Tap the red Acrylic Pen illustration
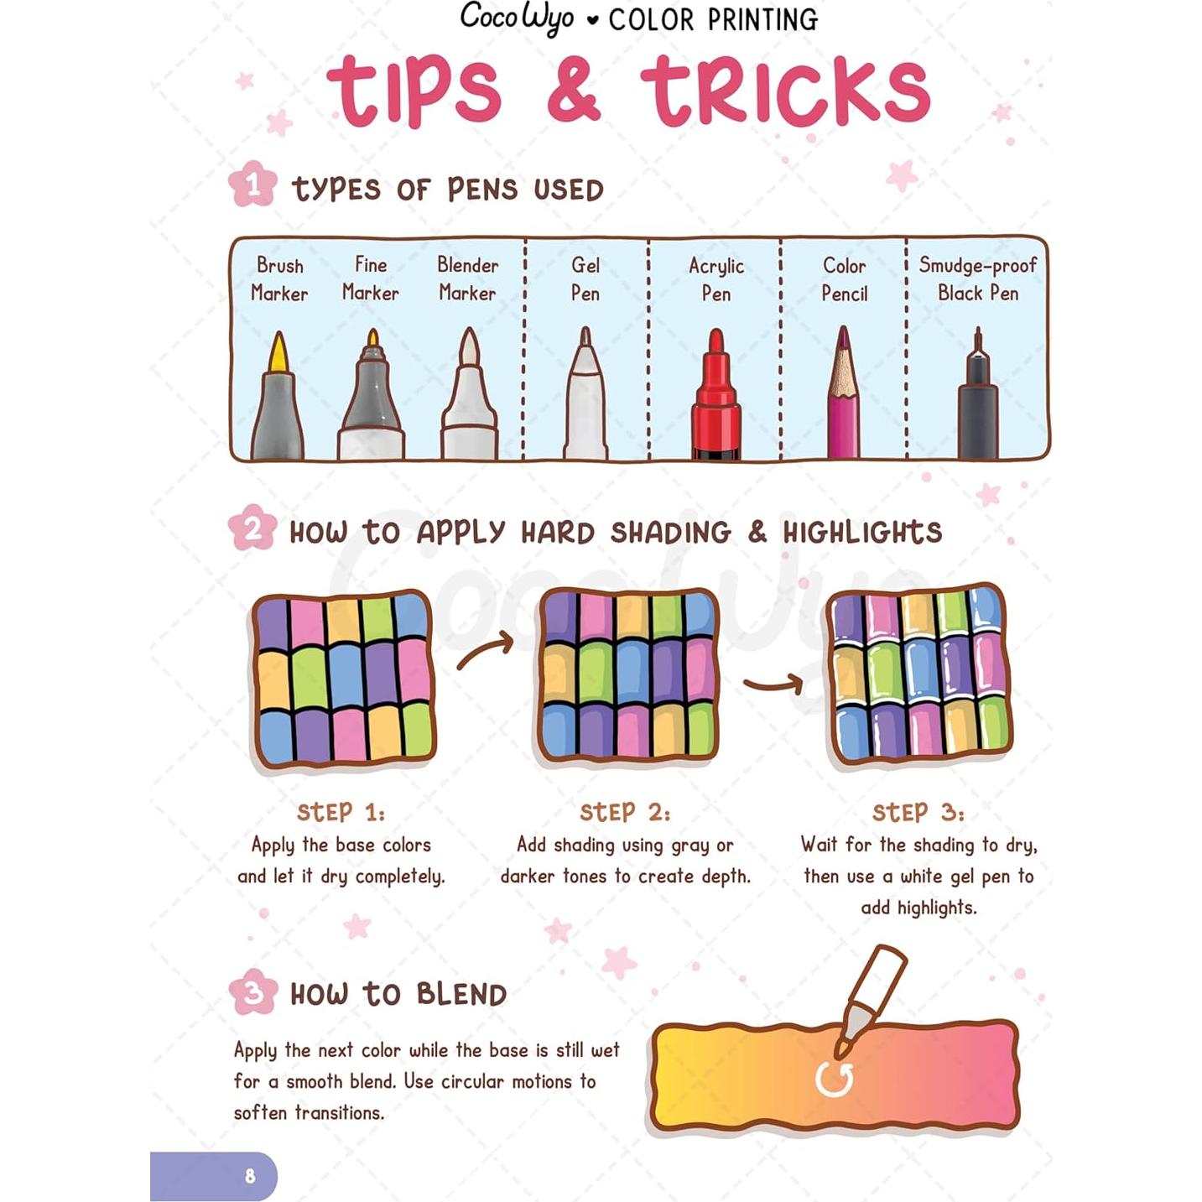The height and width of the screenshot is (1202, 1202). [715, 398]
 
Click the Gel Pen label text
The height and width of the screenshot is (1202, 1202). [585, 279]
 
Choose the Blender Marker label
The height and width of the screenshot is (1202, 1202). [467, 279]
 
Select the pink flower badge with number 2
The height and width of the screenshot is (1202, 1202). [252, 528]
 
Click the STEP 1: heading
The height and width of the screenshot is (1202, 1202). [341, 812]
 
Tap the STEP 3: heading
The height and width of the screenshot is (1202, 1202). [918, 812]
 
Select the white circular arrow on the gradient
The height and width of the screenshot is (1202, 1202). [835, 1080]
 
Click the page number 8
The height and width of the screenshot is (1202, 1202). [250, 1176]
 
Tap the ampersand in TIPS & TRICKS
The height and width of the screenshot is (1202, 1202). [574, 91]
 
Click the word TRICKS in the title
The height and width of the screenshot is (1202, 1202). [786, 91]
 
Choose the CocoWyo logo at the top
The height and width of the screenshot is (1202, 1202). [517, 18]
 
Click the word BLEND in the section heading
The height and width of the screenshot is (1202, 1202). [461, 995]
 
